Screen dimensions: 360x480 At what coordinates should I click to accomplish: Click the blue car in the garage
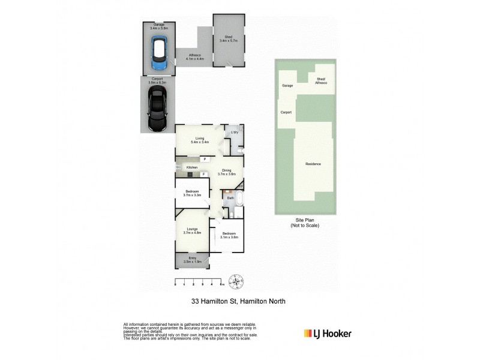(160, 55)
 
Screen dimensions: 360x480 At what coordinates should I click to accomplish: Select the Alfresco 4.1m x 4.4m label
(195, 58)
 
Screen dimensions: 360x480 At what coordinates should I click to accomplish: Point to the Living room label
(199, 140)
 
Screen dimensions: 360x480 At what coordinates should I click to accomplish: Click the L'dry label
(235, 132)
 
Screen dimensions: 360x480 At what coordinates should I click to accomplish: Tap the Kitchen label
(192, 167)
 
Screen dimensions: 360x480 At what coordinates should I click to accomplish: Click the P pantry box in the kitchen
(205, 159)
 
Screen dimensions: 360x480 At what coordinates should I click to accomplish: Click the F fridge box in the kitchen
(203, 174)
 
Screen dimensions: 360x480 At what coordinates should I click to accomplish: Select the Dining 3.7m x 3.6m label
(229, 172)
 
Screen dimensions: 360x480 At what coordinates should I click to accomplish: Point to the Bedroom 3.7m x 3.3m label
(192, 193)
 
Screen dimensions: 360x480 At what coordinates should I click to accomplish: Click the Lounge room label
(192, 230)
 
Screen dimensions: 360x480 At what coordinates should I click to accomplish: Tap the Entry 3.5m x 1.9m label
(192, 259)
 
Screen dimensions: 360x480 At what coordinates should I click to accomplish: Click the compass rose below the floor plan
(238, 282)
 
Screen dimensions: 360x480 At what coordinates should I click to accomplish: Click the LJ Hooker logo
(328, 334)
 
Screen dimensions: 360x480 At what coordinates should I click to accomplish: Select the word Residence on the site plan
(313, 164)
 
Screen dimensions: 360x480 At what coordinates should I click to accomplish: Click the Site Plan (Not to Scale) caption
(305, 223)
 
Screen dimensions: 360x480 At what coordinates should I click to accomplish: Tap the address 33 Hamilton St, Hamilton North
(233, 302)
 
